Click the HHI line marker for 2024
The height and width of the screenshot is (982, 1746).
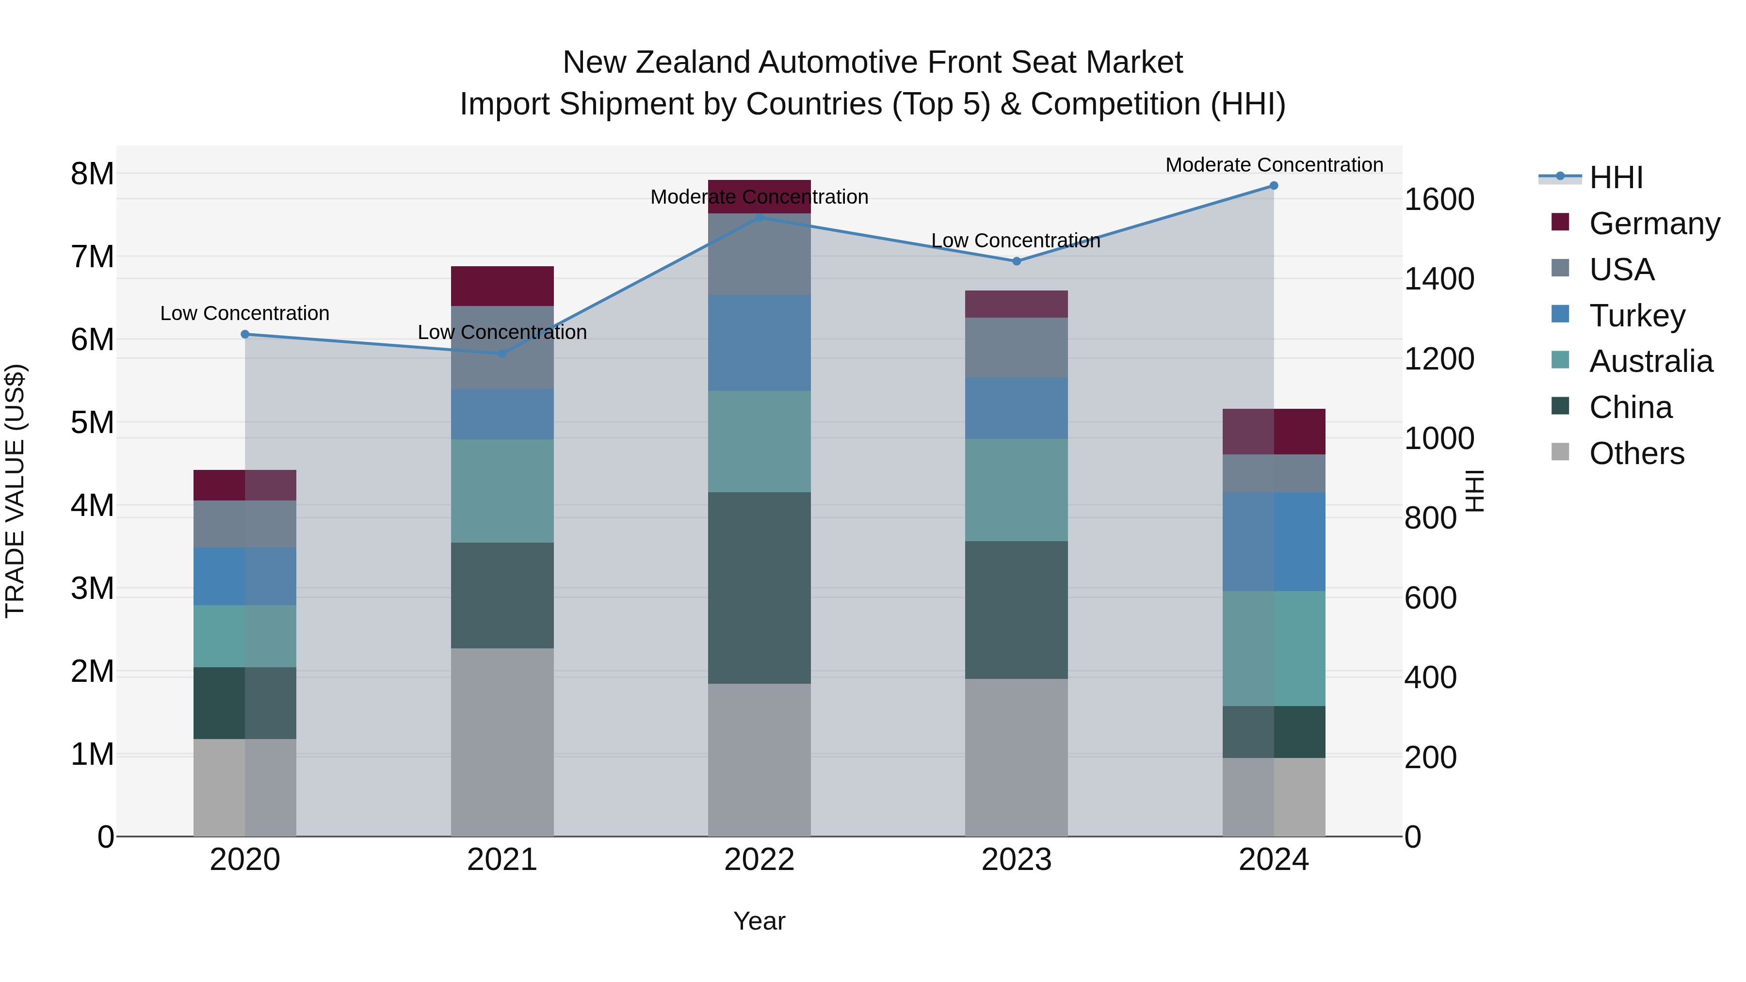[1274, 186]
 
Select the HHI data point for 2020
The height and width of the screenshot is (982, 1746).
[245, 334]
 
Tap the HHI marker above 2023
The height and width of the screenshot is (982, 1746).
[1016, 261]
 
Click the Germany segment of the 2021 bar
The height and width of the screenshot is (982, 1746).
[502, 286]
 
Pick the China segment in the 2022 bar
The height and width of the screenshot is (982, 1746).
[759, 588]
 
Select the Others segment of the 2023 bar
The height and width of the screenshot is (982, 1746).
[1016, 757]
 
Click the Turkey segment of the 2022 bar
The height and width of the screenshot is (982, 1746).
[759, 343]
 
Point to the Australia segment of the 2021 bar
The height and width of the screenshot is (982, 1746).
[502, 491]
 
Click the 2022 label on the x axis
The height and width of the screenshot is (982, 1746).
[759, 860]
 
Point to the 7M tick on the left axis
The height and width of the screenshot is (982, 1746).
[92, 257]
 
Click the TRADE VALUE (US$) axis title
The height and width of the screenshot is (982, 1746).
[15, 491]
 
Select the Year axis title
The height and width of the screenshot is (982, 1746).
[759, 921]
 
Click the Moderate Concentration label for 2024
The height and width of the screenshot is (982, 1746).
[1274, 165]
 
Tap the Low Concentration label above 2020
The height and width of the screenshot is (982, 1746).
[245, 313]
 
